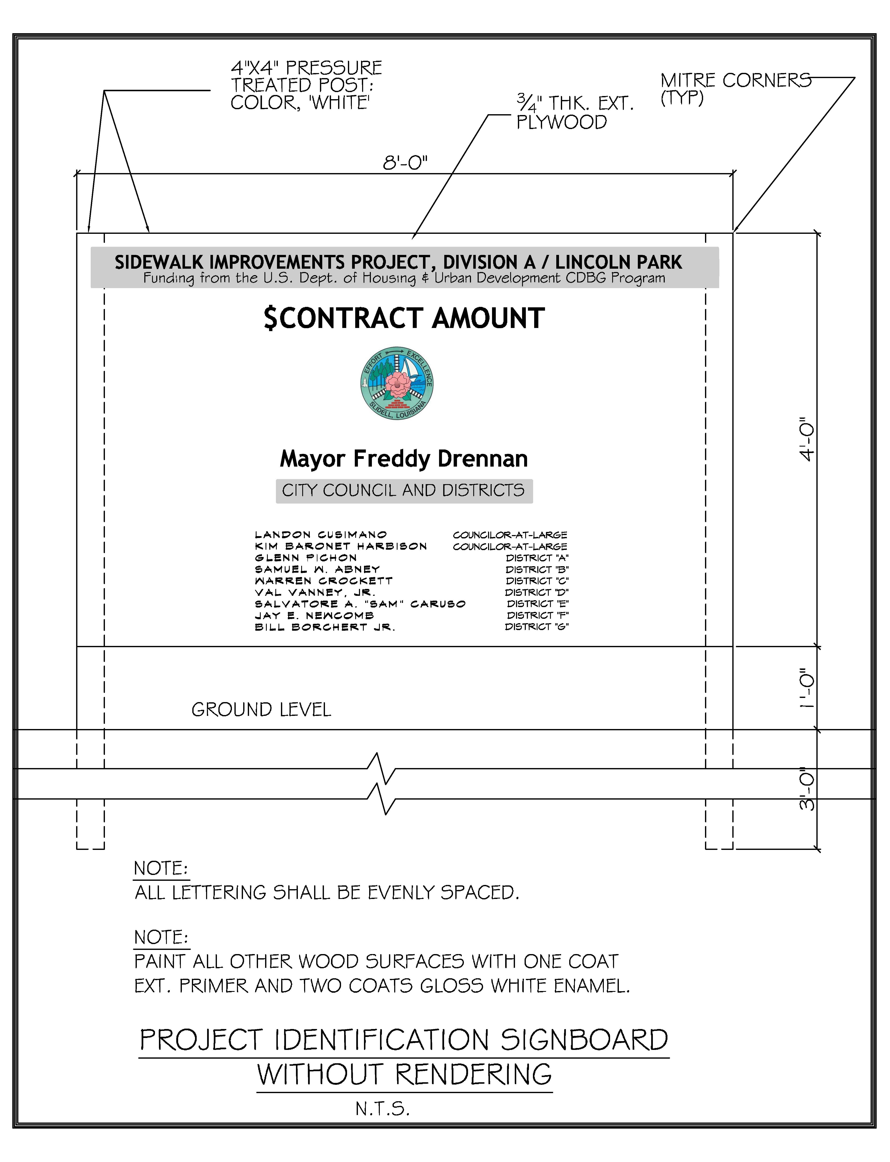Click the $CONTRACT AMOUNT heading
[x=404, y=319]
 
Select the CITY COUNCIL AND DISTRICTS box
[x=404, y=490]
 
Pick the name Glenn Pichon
[x=306, y=558]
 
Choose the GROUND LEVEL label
[x=261, y=710]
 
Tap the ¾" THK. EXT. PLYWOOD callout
[x=575, y=112]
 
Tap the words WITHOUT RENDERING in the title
[x=404, y=1075]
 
